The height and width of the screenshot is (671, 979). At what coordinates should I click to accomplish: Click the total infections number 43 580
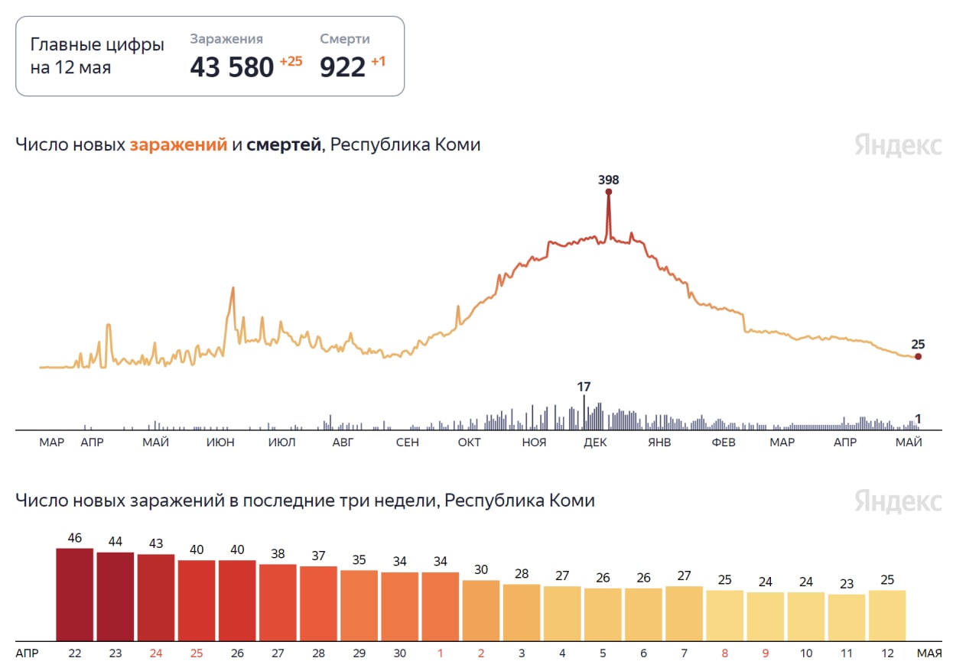[x=232, y=67]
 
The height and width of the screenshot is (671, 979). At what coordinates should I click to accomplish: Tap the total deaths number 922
[x=343, y=67]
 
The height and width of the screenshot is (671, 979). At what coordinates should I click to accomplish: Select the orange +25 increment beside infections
[x=291, y=62]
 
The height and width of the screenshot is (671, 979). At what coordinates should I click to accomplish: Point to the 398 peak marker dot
[x=609, y=192]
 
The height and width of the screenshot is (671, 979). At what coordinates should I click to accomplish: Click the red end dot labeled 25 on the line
[x=918, y=356]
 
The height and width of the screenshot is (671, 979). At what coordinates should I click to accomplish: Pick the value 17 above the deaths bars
[x=584, y=387]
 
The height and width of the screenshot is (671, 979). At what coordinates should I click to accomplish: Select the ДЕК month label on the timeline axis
[x=594, y=443]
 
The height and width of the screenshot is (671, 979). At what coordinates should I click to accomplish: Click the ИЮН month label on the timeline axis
[x=220, y=443]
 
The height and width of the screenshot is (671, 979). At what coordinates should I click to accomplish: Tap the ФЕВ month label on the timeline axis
[x=723, y=443]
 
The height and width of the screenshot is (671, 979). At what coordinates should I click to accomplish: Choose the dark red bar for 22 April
[x=75, y=595]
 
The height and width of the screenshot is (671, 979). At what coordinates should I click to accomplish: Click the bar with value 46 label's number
[x=75, y=538]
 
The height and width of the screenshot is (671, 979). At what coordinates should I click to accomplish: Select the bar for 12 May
[x=887, y=615]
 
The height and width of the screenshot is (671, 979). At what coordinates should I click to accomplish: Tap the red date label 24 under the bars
[x=156, y=653]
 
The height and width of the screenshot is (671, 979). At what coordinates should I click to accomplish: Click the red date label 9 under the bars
[x=766, y=653]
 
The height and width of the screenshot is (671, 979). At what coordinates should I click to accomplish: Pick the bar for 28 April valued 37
[x=318, y=604]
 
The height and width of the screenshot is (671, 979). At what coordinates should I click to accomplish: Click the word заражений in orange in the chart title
[x=178, y=144]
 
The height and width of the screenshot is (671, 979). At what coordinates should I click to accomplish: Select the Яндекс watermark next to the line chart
[x=898, y=145]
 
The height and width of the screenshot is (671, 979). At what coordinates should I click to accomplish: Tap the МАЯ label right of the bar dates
[x=930, y=653]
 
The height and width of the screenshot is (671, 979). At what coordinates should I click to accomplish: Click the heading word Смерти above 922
[x=345, y=39]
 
